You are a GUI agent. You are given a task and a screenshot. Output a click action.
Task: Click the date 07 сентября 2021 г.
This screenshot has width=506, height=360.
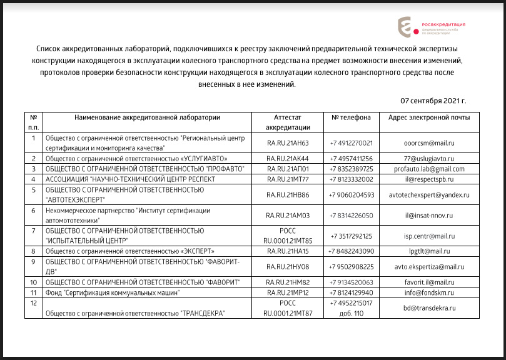point(433,101)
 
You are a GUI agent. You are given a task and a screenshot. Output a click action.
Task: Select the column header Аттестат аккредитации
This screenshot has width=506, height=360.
point(288,122)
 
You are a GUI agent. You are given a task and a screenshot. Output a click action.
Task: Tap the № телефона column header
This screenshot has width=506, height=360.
point(351,117)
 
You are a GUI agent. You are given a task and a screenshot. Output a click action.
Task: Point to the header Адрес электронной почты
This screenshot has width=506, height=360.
point(428,117)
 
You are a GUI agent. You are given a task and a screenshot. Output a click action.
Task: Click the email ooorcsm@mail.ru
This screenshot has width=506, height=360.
point(428,142)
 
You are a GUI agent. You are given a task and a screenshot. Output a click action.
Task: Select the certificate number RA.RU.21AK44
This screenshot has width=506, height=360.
point(288,158)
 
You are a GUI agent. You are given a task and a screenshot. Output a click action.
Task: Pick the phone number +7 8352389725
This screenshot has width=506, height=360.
point(351,169)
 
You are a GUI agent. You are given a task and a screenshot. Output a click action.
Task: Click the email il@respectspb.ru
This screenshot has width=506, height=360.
point(428,179)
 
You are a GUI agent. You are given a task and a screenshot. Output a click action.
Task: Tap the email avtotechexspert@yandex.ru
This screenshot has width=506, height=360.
point(428,195)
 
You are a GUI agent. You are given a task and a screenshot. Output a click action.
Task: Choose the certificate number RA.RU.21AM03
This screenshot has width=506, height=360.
point(288,216)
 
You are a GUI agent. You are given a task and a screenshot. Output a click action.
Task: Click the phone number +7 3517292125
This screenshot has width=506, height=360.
point(351,236)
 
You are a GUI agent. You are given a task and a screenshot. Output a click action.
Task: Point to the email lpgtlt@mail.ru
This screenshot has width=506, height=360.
point(428,251)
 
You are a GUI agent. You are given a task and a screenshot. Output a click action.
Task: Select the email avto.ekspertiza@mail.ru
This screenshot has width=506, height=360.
point(428,266)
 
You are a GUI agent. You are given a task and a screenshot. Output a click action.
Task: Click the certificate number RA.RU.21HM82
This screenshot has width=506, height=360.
point(288,282)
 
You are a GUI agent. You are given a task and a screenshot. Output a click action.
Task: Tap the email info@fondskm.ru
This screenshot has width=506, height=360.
point(428,292)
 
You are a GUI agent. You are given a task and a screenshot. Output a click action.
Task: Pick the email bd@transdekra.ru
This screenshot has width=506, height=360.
point(428,308)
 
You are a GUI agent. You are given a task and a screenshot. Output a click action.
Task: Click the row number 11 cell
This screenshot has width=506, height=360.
point(33,292)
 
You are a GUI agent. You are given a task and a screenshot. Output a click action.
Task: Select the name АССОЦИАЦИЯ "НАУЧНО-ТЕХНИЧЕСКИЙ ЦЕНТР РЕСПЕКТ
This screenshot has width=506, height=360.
point(131,179)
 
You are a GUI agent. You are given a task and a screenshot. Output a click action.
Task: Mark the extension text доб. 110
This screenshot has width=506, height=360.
point(351,313)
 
